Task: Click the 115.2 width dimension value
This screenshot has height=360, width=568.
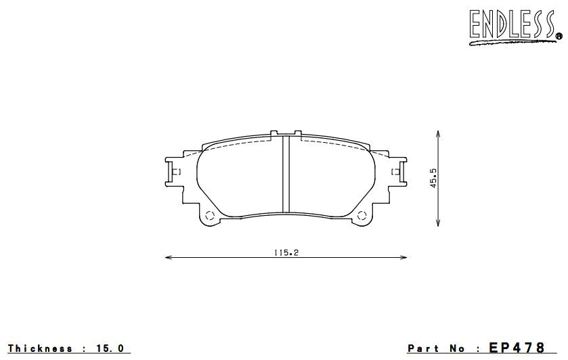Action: point(286,252)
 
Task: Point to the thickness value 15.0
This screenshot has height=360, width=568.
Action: point(111,349)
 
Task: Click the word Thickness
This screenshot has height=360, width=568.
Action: point(41,349)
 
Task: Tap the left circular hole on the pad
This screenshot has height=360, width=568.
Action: point(209,217)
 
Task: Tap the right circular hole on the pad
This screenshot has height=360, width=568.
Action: point(363,217)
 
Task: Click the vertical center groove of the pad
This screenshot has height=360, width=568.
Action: point(286,174)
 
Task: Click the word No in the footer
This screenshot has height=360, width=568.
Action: point(458,349)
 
